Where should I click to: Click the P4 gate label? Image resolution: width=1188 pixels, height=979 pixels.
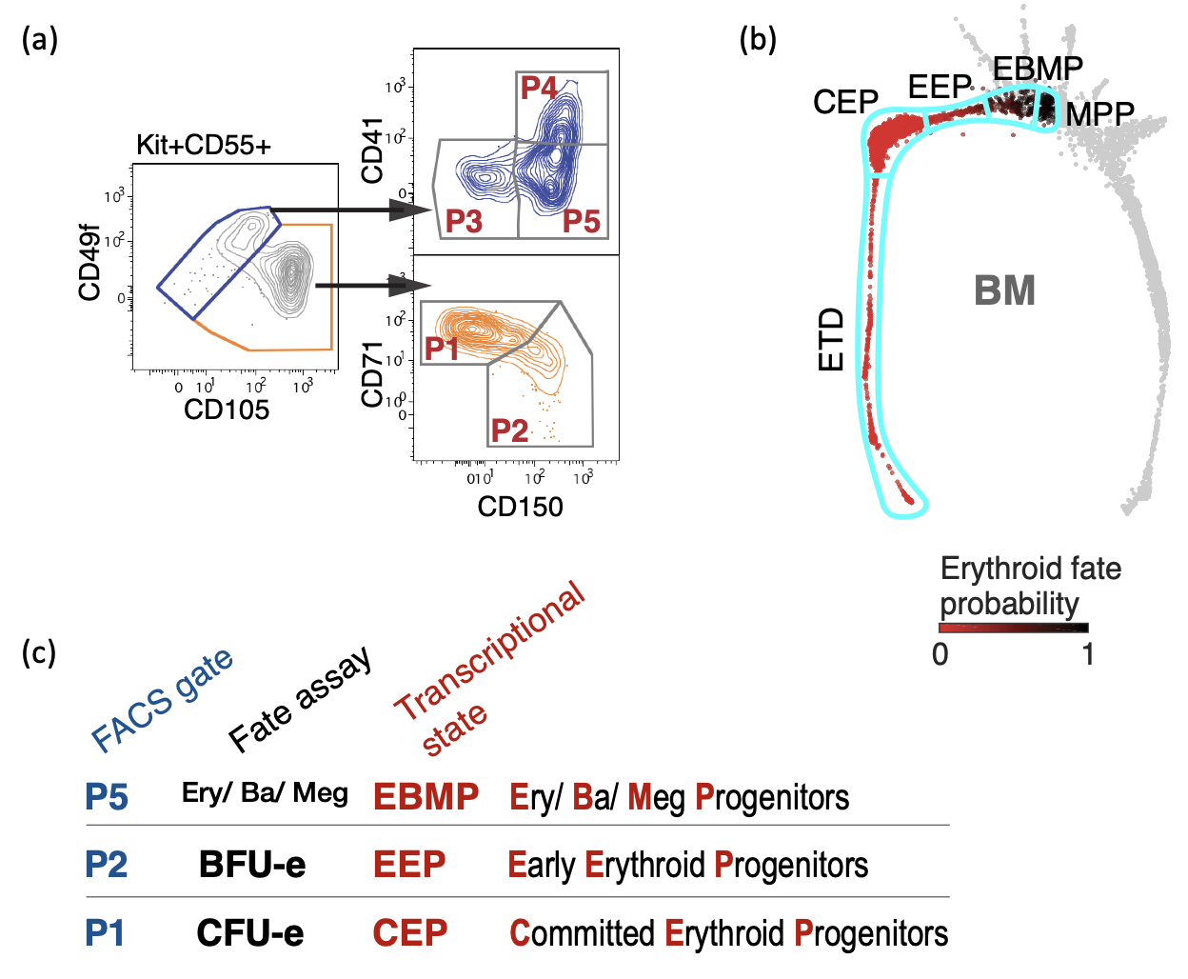pos(539,88)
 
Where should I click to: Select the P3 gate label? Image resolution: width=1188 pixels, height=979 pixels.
pos(464,222)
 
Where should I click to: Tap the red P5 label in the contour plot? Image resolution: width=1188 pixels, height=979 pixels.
pos(581,222)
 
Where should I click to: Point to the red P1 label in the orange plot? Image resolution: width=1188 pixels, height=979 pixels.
pos(443,349)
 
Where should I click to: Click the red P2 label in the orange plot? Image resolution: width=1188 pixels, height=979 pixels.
pos(509,430)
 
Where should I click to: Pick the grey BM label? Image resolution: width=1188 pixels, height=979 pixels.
pos(1004,290)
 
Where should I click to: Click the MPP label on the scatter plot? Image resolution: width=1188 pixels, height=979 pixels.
pos(1099,115)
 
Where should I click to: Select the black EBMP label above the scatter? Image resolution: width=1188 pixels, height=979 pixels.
pos(1038,69)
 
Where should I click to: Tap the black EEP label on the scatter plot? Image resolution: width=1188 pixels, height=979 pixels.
pos(939,88)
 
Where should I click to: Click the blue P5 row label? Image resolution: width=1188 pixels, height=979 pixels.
pos(106,797)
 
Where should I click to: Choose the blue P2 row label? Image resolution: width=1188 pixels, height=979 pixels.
pos(106,865)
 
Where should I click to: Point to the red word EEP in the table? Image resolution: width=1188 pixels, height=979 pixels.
pos(409,865)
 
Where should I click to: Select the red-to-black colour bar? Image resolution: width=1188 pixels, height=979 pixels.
pos(1013,628)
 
